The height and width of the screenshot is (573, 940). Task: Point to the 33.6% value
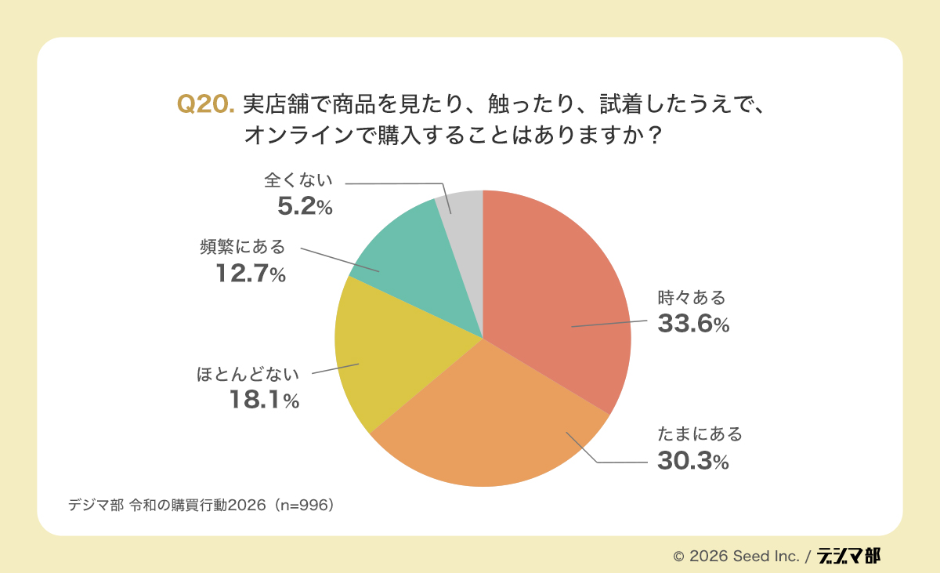[x=693, y=325]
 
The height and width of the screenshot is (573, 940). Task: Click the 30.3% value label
[x=693, y=462]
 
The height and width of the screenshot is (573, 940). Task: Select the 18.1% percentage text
[x=264, y=401]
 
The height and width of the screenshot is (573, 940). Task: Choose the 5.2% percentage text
[x=305, y=207]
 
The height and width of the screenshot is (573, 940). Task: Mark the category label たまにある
[x=699, y=434]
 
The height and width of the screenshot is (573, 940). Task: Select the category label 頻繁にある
[x=242, y=248]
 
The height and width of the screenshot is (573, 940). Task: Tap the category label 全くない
[x=298, y=180]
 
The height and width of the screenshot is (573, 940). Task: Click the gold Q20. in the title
[x=206, y=104]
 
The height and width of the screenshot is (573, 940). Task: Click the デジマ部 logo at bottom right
[x=848, y=556]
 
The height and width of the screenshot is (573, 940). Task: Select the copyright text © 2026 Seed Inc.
[x=736, y=557]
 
